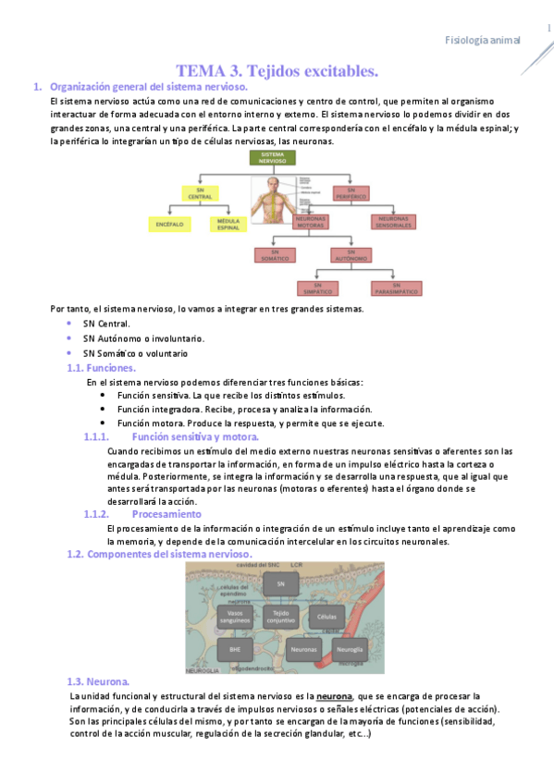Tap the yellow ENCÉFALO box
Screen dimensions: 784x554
[166, 224]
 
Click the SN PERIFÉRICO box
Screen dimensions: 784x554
[351, 193]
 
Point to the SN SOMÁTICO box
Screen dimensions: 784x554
[274, 254]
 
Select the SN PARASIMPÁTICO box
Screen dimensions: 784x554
[397, 288]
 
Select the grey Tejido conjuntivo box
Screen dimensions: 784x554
[280, 616]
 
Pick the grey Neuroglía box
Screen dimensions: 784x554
[351, 651]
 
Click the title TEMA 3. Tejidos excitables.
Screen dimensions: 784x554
[277, 70]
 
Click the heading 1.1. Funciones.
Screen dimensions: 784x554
[102, 368]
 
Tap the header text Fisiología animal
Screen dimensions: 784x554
[482, 40]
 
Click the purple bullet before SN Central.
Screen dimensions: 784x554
[69, 324]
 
